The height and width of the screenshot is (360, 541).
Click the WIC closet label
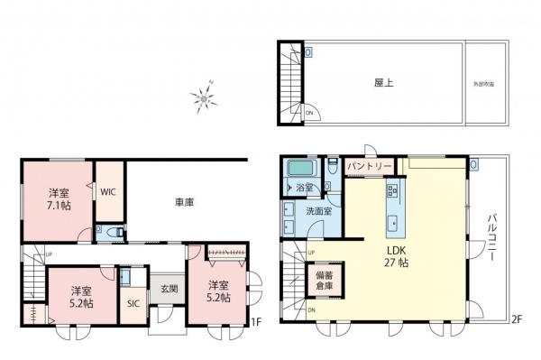tap(107, 191)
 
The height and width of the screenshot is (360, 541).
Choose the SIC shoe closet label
tap(132, 303)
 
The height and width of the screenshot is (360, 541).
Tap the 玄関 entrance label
tap(168, 289)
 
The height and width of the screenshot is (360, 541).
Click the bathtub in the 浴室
tap(298, 169)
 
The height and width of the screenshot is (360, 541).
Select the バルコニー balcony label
tap(494, 238)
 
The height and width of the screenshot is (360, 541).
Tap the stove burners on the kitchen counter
tap(394, 190)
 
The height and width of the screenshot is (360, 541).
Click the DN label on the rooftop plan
tap(309, 113)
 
